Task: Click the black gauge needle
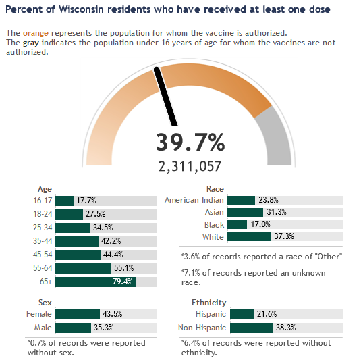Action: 165,96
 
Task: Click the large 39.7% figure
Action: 190,142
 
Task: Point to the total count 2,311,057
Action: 190,166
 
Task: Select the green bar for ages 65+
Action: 96,282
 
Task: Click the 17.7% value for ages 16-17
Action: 86,201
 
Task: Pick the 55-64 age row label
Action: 43,268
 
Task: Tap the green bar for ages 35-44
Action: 77,241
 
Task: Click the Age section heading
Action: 45,189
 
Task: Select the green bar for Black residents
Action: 237,225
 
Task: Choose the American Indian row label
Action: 194,200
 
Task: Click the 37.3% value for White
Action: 284,236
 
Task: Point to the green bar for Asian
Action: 245,212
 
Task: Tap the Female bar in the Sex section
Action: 78,314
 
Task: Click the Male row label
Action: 43,328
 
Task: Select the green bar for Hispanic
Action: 242,314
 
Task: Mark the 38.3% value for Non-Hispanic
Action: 286,328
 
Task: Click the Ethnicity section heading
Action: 208,303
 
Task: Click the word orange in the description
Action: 36,33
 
